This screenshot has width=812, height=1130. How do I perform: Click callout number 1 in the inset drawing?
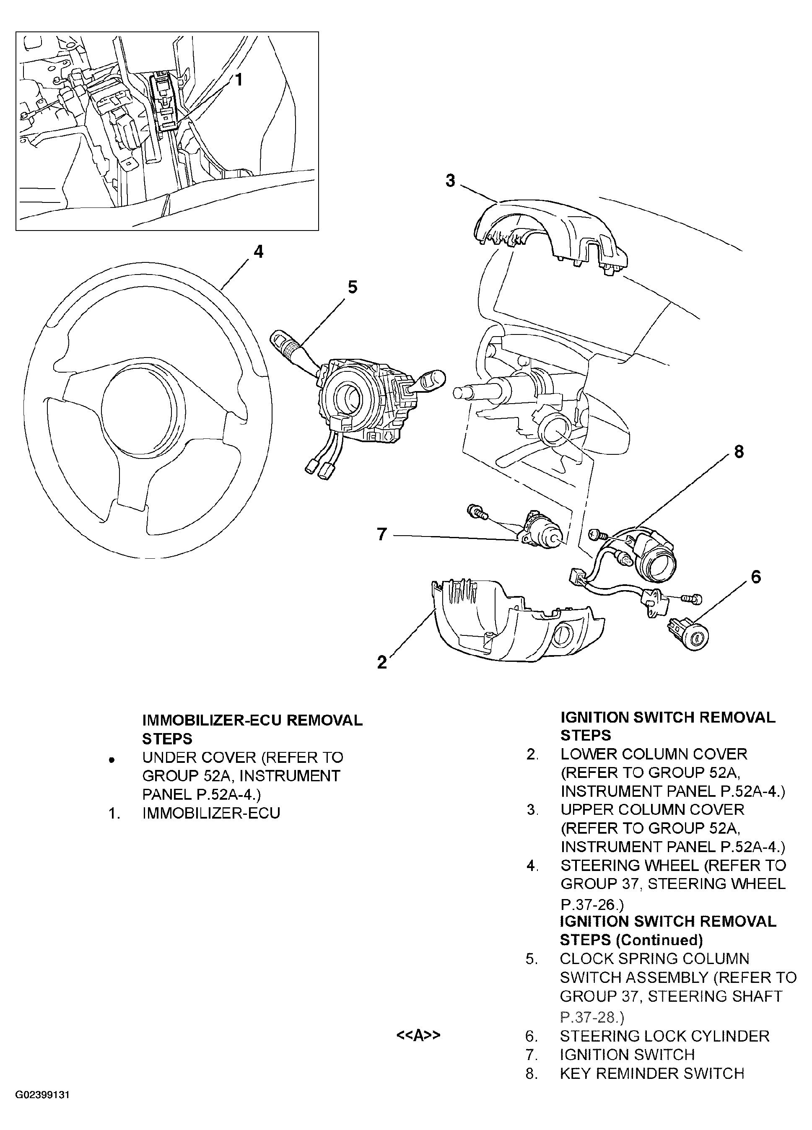[x=239, y=79]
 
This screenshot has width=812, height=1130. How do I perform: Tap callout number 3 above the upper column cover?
[x=450, y=180]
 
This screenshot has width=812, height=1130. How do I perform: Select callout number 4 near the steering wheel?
[x=258, y=251]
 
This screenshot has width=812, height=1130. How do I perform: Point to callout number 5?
[x=353, y=287]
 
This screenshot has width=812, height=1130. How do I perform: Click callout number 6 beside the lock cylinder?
[x=756, y=577]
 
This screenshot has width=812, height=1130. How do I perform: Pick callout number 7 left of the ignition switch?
[x=382, y=534]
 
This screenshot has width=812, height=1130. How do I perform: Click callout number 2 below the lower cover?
[x=382, y=662]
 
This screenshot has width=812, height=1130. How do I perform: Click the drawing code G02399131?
[x=42, y=1109]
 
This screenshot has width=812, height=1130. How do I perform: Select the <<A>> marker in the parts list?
[x=418, y=1035]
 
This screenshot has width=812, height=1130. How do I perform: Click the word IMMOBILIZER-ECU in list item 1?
[x=211, y=813]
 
